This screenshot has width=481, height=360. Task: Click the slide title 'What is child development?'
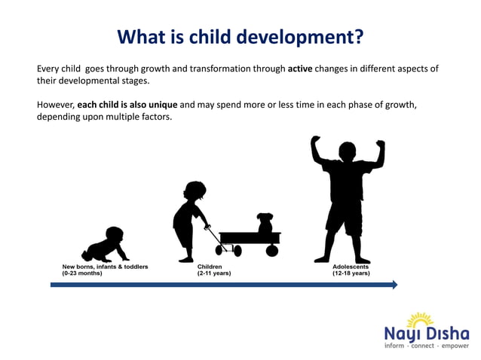(240, 36)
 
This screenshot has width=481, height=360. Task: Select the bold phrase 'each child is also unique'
(127, 105)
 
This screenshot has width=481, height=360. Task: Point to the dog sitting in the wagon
(265, 223)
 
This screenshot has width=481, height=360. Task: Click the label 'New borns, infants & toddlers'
(105, 267)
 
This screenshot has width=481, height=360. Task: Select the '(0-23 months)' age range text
(82, 273)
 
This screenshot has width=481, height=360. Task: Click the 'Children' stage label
(210, 267)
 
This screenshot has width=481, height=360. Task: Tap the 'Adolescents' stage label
(351, 267)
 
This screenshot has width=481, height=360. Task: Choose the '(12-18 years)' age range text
(351, 273)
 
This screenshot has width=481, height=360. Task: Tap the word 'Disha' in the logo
(448, 332)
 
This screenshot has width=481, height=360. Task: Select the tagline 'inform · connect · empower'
(427, 346)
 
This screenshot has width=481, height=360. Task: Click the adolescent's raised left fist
(316, 141)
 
